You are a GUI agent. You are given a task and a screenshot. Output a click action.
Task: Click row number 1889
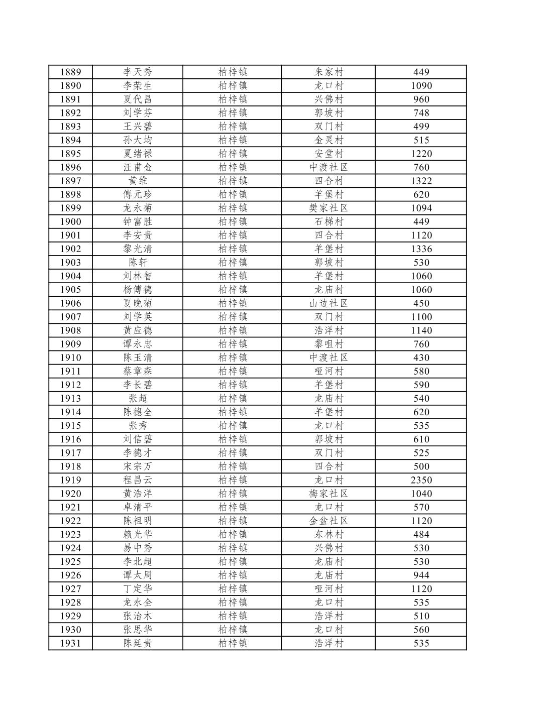click(70, 72)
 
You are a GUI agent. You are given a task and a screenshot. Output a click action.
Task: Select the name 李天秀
click(138, 72)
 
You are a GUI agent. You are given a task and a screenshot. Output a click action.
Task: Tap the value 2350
click(421, 480)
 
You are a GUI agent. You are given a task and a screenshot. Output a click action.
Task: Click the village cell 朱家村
click(328, 72)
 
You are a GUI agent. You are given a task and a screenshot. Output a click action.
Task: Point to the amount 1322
click(421, 181)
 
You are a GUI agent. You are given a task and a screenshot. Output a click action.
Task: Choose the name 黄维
click(138, 181)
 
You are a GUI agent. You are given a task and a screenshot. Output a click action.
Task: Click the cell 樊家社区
click(328, 208)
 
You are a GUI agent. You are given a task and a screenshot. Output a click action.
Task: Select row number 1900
click(70, 221)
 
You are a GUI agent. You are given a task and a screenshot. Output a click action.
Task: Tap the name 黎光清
click(138, 249)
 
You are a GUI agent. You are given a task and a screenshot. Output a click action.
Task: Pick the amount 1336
click(421, 249)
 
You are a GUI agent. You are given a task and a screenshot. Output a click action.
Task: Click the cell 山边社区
click(328, 303)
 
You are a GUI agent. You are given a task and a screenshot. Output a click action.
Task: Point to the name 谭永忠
click(138, 344)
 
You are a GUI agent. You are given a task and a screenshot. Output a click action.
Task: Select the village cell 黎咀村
click(328, 344)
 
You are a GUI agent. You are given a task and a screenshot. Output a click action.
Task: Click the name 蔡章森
click(138, 371)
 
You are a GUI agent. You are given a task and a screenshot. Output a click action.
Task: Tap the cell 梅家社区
click(328, 494)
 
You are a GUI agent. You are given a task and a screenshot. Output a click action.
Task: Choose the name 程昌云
click(138, 480)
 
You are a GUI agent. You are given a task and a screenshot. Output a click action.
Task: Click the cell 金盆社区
click(328, 521)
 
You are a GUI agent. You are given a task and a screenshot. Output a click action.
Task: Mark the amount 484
click(421, 534)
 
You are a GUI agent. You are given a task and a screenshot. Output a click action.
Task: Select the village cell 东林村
click(328, 534)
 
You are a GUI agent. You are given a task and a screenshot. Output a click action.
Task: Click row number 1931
click(70, 643)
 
